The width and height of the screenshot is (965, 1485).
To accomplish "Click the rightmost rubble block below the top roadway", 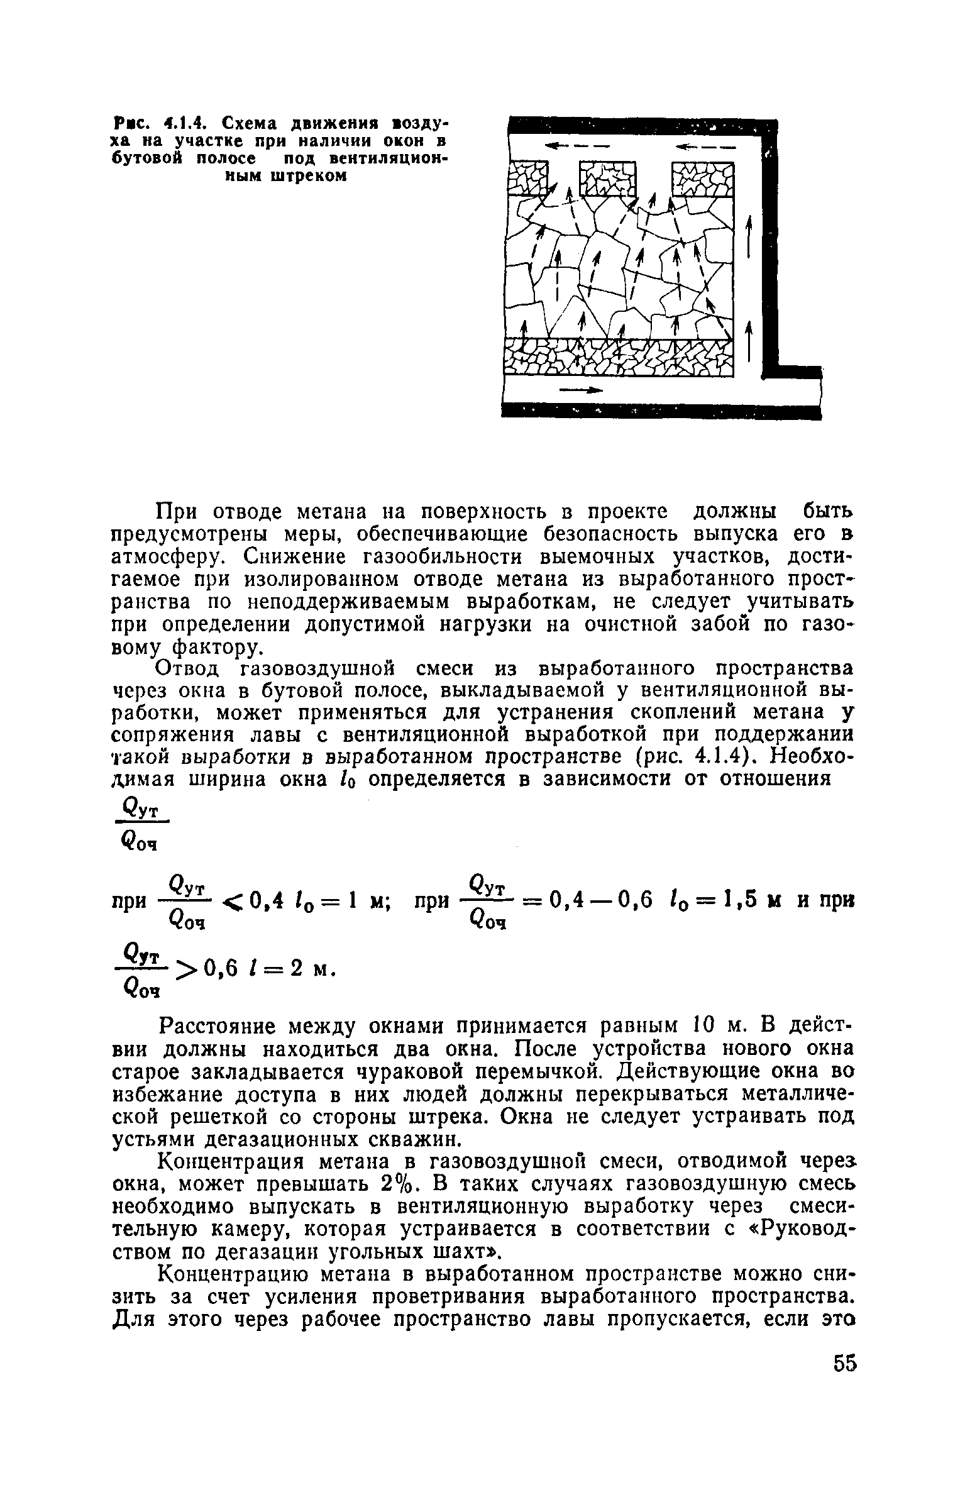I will [x=702, y=180].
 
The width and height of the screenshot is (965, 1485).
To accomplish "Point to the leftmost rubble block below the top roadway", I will [x=527, y=180].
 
